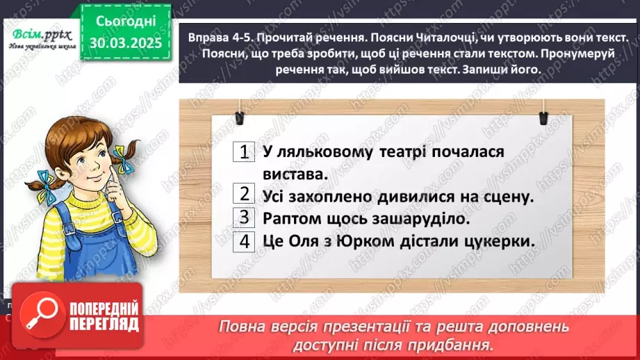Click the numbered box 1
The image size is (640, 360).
(x=244, y=152)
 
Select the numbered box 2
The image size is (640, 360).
(x=244, y=195)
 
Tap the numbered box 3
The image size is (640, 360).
(x=244, y=218)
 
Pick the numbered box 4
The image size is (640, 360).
(x=244, y=241)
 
